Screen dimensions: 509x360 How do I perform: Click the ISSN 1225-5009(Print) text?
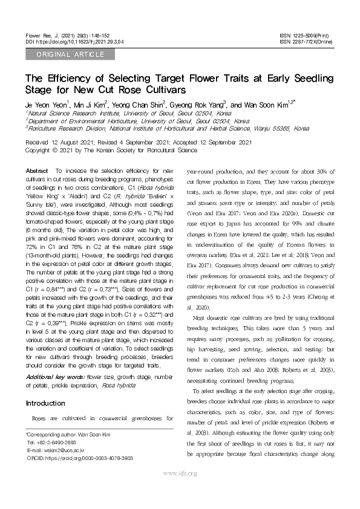pyautogui.click(x=307, y=36)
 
